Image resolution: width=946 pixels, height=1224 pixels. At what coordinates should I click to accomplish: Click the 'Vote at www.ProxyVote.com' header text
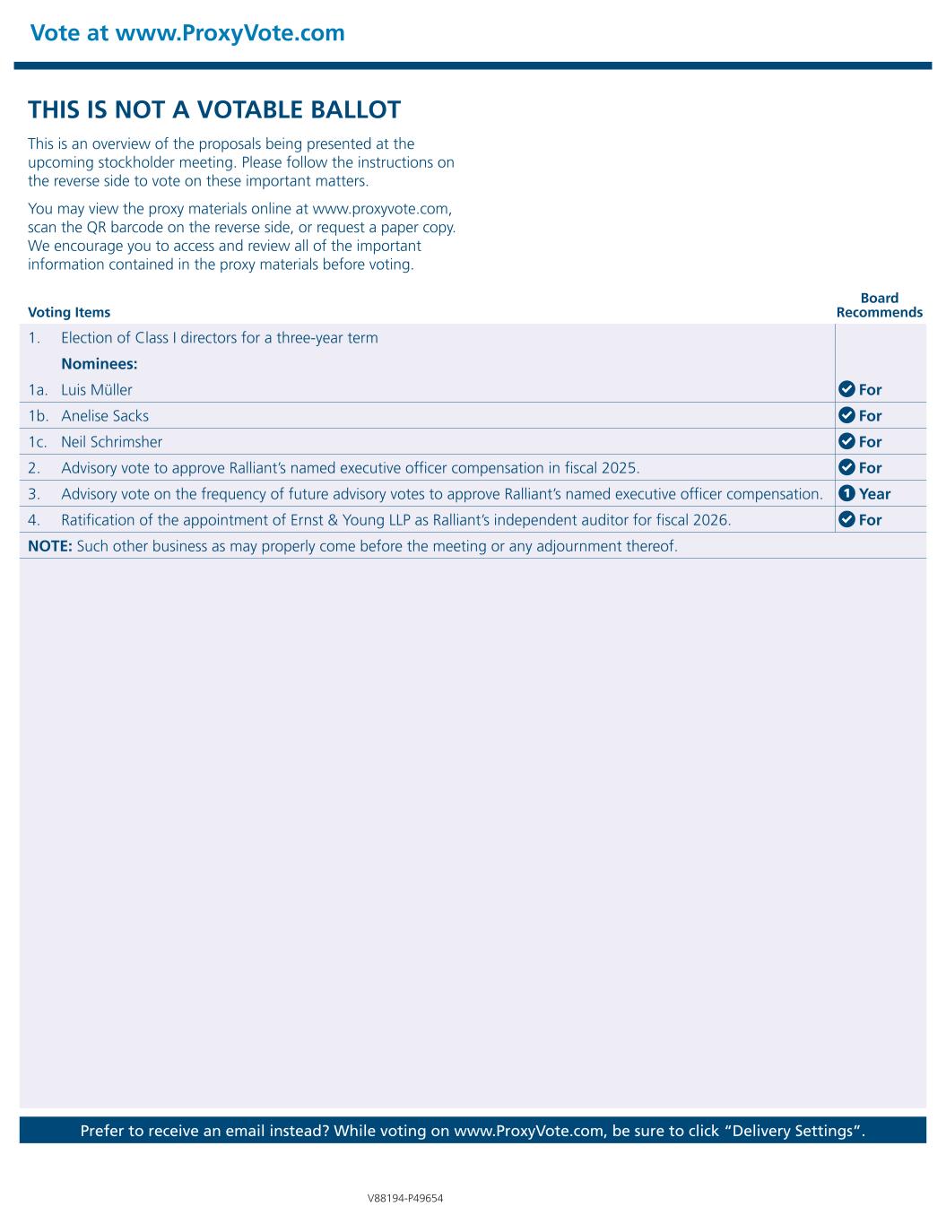187,33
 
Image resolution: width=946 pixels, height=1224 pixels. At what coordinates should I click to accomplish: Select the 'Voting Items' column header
69,312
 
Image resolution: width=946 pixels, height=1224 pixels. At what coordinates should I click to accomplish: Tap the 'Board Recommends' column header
879,305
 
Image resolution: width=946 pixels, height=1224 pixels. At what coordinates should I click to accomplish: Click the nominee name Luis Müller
97,390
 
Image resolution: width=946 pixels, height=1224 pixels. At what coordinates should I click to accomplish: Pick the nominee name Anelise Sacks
105,416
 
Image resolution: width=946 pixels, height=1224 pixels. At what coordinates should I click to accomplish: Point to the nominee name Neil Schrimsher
112,442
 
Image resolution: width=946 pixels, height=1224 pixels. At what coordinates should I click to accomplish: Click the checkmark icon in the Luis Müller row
846,389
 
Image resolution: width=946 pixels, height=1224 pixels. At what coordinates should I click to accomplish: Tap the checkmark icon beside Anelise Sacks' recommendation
846,415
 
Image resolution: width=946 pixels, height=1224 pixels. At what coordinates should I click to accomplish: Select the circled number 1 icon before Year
846,493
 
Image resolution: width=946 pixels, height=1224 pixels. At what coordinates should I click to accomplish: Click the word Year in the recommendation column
874,494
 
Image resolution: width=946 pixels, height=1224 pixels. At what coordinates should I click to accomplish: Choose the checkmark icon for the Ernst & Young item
846,519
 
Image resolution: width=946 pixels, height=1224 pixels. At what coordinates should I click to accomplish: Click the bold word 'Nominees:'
99,364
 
